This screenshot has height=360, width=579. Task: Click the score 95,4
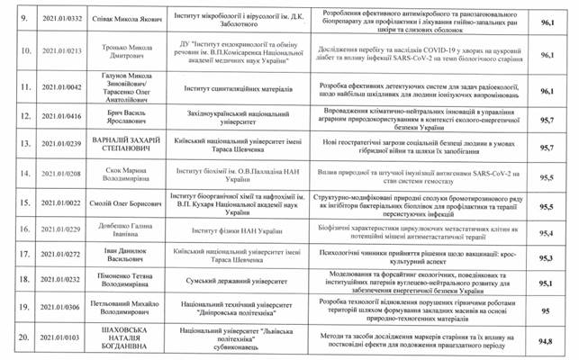[x=545, y=232]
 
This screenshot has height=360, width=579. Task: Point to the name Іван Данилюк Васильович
[x=128, y=257]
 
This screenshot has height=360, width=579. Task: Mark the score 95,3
[x=545, y=257]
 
